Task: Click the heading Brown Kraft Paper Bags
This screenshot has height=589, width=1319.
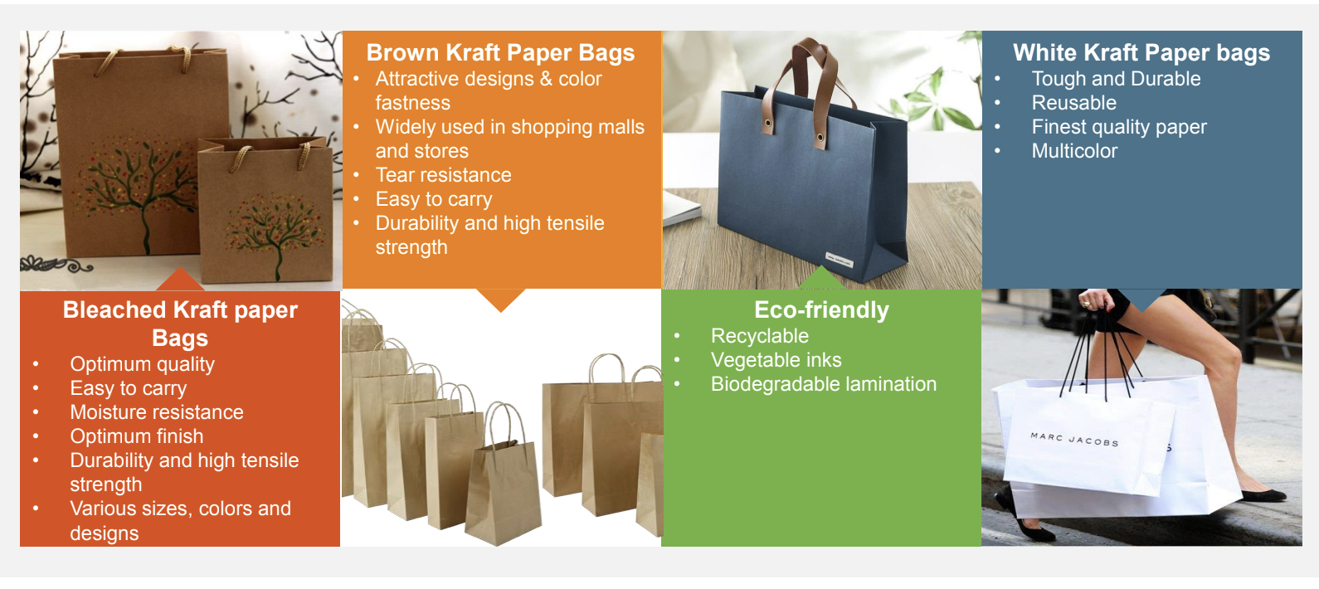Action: point(500,53)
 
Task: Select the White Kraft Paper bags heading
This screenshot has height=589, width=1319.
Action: point(1141,53)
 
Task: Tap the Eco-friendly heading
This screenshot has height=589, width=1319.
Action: point(821,309)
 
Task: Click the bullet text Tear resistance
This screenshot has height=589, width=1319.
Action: point(443,175)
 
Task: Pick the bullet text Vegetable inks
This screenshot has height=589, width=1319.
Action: point(776,360)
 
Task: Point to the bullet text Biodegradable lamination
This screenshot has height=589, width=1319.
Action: point(823,384)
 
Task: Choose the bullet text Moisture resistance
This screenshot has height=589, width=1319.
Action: point(157,412)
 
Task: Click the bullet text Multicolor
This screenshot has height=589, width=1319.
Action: point(1074,151)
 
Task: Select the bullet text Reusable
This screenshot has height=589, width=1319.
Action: point(1074,103)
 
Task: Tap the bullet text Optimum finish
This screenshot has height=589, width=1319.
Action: point(137,436)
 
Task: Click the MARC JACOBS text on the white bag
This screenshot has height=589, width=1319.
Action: point(1074,440)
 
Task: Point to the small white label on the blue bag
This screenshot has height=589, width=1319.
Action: point(839,260)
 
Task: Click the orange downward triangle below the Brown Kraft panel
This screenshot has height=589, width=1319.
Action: point(500,298)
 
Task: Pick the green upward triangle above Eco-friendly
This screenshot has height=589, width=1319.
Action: point(820,280)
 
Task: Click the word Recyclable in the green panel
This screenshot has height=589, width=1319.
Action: point(760,336)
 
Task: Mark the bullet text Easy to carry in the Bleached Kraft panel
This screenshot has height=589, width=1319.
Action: point(129,389)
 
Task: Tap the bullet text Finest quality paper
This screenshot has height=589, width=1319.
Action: point(1119,127)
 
